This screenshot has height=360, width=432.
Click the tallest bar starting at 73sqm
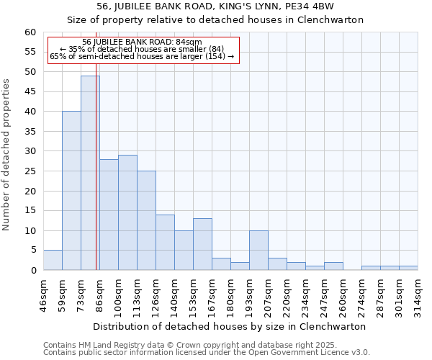point(90,173)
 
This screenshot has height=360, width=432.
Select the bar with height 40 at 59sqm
point(71,191)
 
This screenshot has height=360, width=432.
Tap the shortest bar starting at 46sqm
point(53,260)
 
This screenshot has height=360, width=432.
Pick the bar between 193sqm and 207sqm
point(258,251)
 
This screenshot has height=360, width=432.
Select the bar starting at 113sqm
point(146,220)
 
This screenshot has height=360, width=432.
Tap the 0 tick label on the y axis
point(33,271)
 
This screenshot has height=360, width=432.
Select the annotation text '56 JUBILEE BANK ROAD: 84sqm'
point(142,42)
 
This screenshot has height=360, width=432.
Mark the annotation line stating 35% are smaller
point(142,49)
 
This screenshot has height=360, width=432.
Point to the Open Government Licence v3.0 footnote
point(207,353)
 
